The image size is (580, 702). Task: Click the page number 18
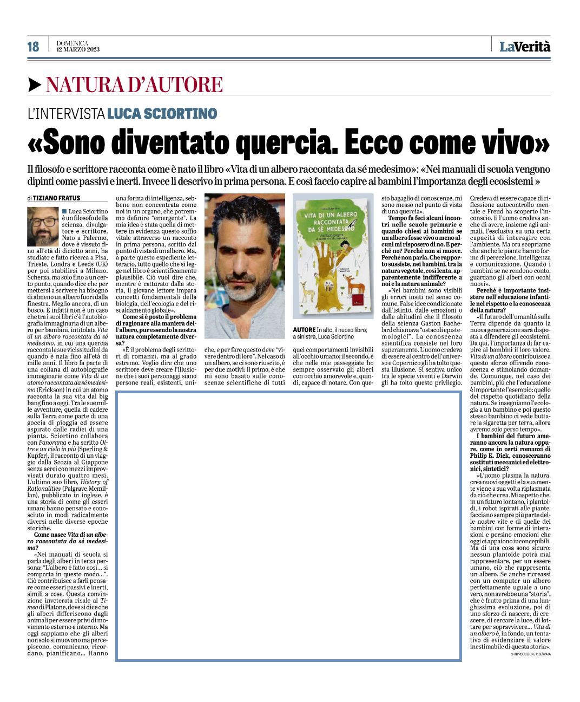[34, 47]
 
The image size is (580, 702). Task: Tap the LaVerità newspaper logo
[524, 47]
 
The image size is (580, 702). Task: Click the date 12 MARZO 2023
[78, 50]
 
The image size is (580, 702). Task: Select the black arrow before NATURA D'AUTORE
[35, 85]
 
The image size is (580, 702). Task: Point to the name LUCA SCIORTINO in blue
[162, 114]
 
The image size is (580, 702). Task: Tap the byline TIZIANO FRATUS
[56, 198]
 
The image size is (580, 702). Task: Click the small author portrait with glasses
[43, 227]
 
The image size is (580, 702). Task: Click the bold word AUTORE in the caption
[304, 330]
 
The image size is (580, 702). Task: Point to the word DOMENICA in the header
[72, 43]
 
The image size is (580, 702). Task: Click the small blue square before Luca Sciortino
[64, 211]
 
